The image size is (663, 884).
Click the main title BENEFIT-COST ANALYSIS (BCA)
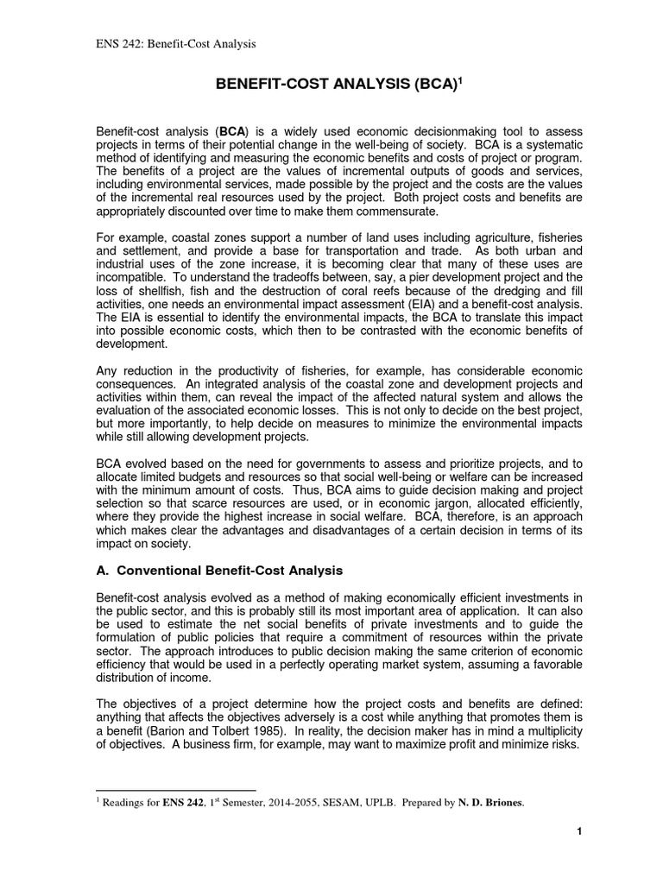coord(327,85)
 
